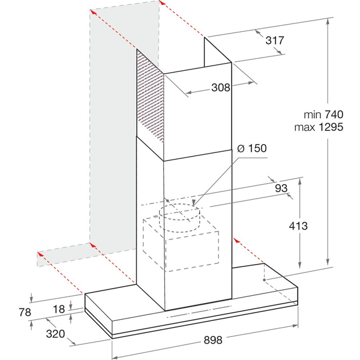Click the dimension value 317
click(x=274, y=40)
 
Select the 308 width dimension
click(x=221, y=88)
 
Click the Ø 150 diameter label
click(x=251, y=148)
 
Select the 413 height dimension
click(x=298, y=226)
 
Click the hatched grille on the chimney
click(x=151, y=98)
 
